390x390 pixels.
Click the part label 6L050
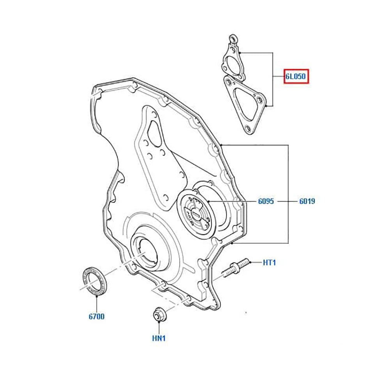point(296,76)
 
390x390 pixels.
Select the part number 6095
point(266,202)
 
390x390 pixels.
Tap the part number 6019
point(307,202)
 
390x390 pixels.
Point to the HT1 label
point(269,262)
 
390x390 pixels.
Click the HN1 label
point(159,338)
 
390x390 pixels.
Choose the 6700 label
point(96,317)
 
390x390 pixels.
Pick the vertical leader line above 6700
point(96,302)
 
